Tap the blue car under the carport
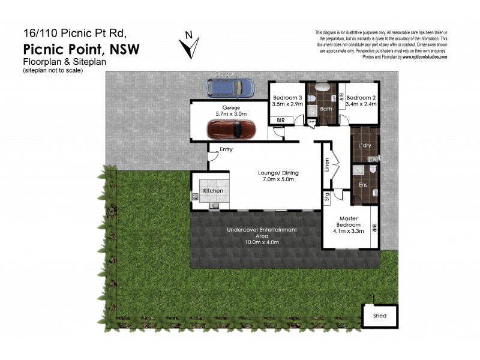click(x=230, y=88)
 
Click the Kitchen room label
click(x=212, y=191)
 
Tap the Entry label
click(x=226, y=149)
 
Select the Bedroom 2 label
click(x=361, y=98)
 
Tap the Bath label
click(x=326, y=109)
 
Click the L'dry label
click(x=364, y=146)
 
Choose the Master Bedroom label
click(x=349, y=221)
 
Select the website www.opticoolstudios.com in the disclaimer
click(x=425, y=57)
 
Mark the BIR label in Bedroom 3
click(x=281, y=121)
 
